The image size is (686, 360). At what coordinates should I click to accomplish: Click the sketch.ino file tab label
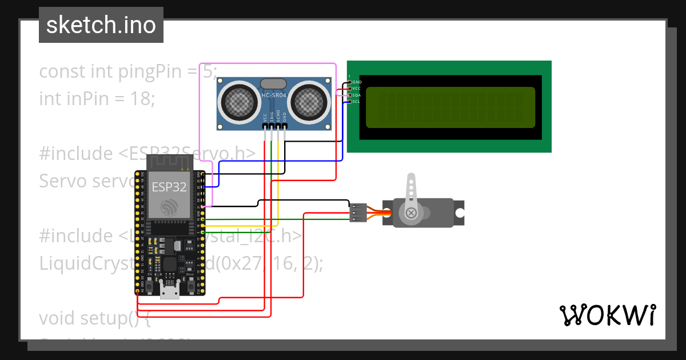click(x=101, y=25)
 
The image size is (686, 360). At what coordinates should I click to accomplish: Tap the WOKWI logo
click(x=607, y=315)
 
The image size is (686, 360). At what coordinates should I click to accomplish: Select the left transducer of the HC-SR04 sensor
click(x=237, y=101)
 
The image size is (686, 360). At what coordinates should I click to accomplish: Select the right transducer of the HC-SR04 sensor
click(x=310, y=101)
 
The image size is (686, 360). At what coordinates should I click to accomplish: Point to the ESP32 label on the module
click(x=169, y=187)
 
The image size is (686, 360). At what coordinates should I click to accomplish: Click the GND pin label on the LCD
click(x=357, y=82)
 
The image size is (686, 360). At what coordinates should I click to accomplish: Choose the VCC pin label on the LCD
click(x=357, y=89)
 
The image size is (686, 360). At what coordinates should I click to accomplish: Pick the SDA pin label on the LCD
click(x=357, y=95)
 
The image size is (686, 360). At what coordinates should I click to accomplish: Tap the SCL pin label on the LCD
click(x=357, y=101)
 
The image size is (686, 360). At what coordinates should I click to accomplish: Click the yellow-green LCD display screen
click(x=450, y=107)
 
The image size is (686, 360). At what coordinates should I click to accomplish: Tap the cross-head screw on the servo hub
click(x=410, y=213)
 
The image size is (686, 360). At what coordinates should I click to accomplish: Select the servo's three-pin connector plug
click(x=357, y=213)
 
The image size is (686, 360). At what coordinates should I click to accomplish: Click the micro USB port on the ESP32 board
click(x=169, y=292)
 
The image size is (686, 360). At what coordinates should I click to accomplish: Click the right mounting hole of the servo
click(x=459, y=212)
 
